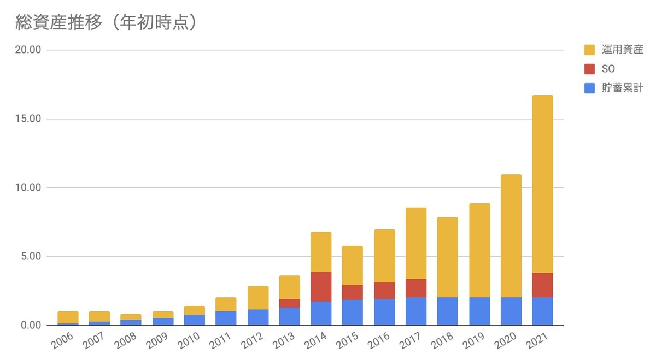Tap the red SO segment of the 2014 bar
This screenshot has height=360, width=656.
(x=321, y=287)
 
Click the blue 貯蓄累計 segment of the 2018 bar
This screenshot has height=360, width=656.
(x=447, y=311)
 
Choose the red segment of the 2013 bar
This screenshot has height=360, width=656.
(x=289, y=303)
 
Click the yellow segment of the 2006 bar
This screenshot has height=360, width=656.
(x=68, y=317)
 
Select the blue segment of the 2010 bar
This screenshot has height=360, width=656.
(x=194, y=320)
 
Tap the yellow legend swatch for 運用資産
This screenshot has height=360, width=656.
(x=589, y=50)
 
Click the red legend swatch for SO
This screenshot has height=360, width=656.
(x=589, y=69)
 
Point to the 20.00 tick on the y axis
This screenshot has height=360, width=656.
(x=28, y=50)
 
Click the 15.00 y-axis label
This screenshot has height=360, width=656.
(x=28, y=119)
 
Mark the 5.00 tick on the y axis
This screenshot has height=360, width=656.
(x=31, y=257)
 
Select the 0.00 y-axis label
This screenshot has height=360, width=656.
(x=31, y=326)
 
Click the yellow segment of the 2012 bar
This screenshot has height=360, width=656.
(x=257, y=298)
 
